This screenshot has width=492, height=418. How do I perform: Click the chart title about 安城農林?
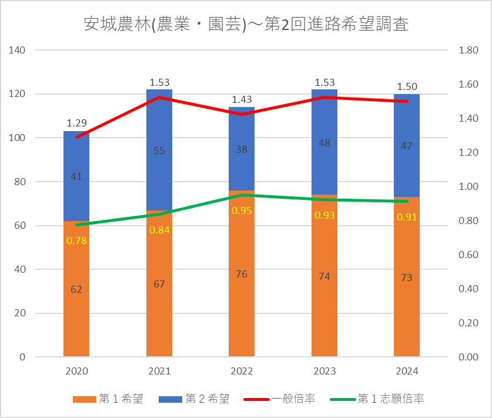pyautogui.click(x=246, y=24)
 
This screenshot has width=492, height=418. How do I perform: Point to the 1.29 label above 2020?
pyautogui.click(x=76, y=123)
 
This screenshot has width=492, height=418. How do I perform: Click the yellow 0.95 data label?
pyautogui.click(x=242, y=210)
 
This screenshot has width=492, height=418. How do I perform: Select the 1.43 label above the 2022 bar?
pyautogui.click(x=242, y=99)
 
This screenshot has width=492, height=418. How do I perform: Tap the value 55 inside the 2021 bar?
pyautogui.click(x=159, y=151)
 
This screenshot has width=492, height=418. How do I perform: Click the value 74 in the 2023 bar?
pyautogui.click(x=324, y=277)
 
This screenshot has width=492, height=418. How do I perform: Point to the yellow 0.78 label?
pyautogui.click(x=76, y=240)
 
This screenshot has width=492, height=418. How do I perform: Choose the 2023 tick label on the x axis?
pyautogui.click(x=324, y=371)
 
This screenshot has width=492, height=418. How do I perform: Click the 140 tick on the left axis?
pyautogui.click(x=18, y=51)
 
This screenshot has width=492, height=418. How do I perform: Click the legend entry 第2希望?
pyautogui.click(x=193, y=399)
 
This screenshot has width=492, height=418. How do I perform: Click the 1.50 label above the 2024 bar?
pyautogui.click(x=407, y=86)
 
